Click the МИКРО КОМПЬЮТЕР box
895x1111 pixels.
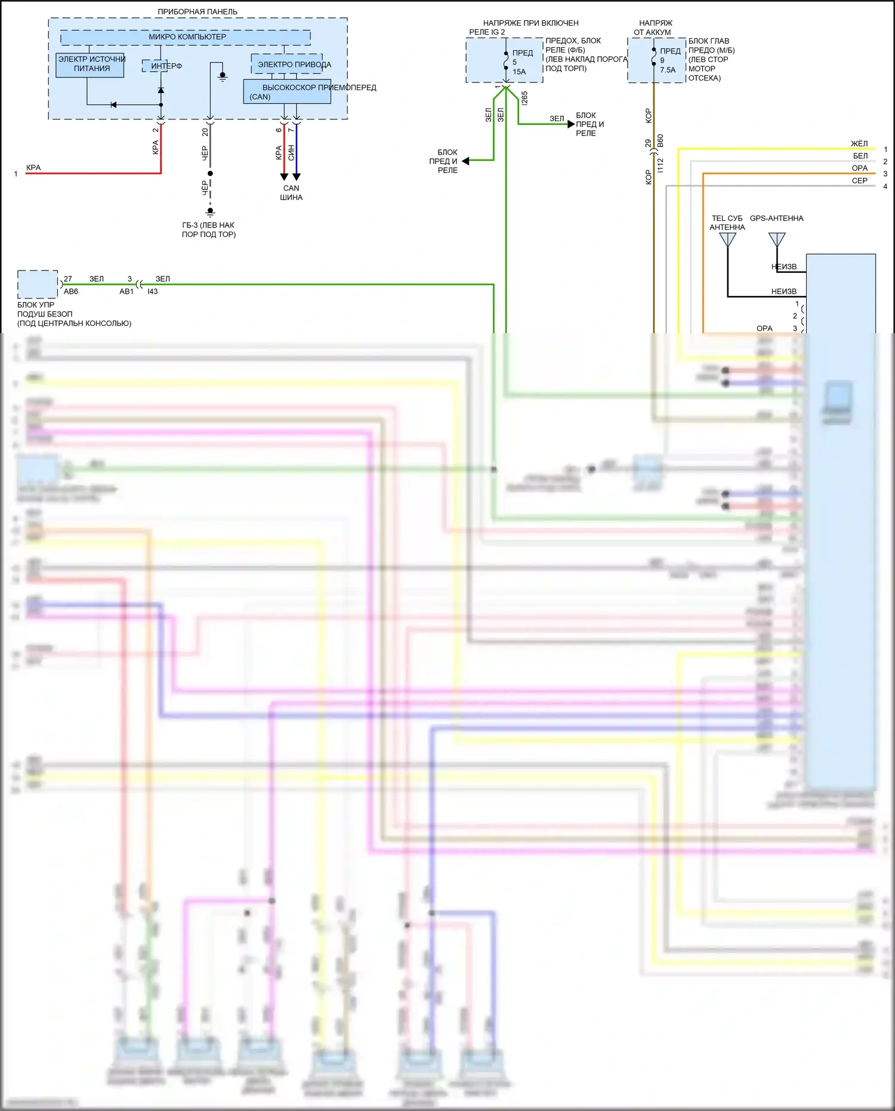pos(186,37)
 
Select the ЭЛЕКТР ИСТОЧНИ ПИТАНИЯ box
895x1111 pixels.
pos(90,64)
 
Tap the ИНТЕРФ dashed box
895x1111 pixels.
pos(155,66)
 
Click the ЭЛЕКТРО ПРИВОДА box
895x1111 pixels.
pos(288,64)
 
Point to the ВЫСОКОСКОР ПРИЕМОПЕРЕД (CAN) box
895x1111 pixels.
pos(287,92)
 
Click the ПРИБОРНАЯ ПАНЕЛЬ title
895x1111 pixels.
pos(197,11)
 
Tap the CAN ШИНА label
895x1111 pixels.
pos(291,192)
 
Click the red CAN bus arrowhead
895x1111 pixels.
pos(284,177)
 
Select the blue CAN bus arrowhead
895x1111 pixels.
pos(297,177)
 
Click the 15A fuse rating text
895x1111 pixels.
pos(519,72)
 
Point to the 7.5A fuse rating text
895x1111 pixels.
pos(668,70)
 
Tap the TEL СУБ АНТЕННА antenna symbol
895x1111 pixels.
pos(727,239)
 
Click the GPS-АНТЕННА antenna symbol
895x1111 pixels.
pos(777,239)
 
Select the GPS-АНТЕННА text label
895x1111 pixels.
pos(776,218)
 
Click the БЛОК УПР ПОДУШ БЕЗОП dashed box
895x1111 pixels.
pos(38,284)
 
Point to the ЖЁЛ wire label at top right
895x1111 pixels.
pos(859,144)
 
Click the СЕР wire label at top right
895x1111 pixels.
pos(859,181)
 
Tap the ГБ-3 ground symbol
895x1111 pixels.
pos(210,211)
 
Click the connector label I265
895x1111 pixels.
pos(524,99)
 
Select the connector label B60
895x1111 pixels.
pos(660,141)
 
